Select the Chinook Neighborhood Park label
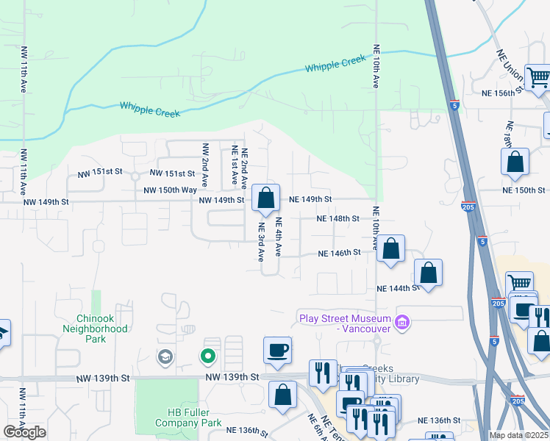point(101,329)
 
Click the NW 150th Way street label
point(171,190)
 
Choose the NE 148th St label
point(337,218)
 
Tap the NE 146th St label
point(339,253)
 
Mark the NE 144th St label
point(398,289)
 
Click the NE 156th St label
point(502,93)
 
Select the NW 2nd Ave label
point(205,165)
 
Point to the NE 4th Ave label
point(279,236)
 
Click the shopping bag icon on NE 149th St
point(265,198)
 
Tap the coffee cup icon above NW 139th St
point(277,351)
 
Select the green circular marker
point(208,357)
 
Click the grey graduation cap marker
point(165,358)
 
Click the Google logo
point(25,432)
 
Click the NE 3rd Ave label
point(261,243)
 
